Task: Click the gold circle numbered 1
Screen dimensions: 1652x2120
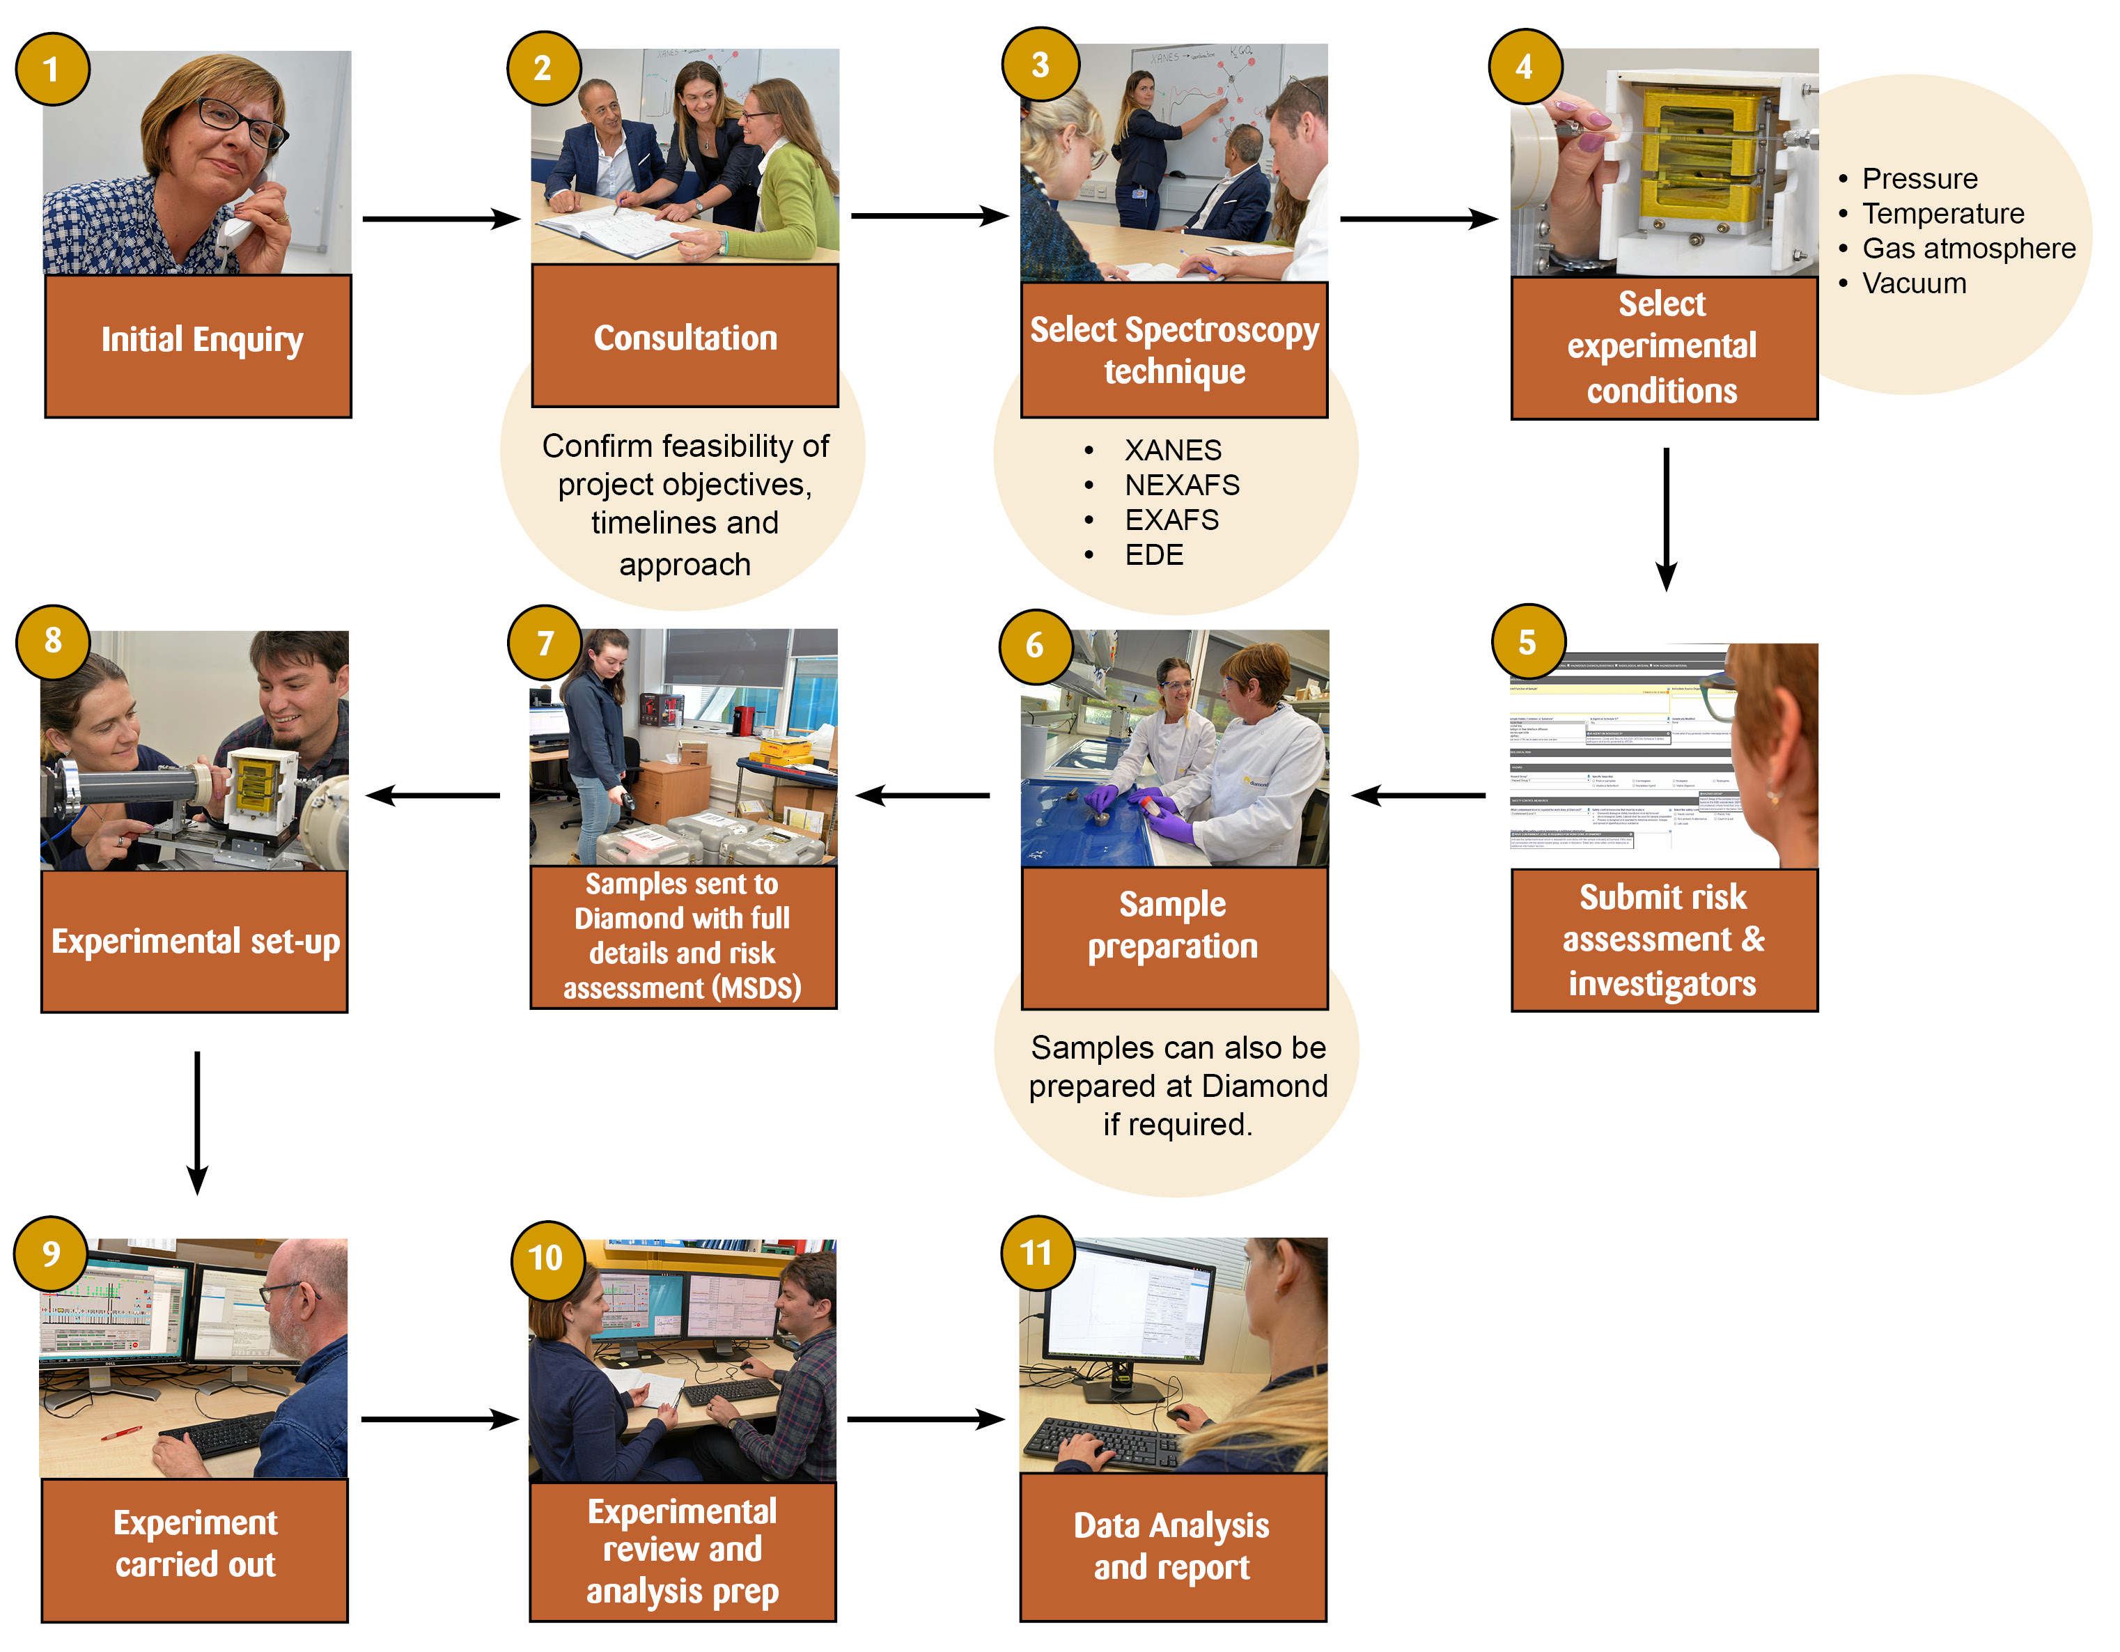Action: pyautogui.click(x=52, y=69)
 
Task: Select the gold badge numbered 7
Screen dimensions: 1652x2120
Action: pyautogui.click(x=545, y=643)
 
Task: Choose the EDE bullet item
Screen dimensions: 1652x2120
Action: pyautogui.click(x=1153, y=555)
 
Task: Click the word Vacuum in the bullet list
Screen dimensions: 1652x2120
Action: pyautogui.click(x=1913, y=283)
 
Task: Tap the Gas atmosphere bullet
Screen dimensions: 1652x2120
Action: pyautogui.click(x=1967, y=249)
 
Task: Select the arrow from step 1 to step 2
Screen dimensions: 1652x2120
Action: pyautogui.click(x=441, y=219)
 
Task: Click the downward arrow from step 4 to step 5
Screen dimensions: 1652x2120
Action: pyautogui.click(x=1666, y=520)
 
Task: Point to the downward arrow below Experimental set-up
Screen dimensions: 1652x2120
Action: pyautogui.click(x=197, y=1122)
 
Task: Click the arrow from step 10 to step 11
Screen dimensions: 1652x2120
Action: pyautogui.click(x=925, y=1419)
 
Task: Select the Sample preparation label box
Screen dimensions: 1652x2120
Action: pyautogui.click(x=1174, y=937)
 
